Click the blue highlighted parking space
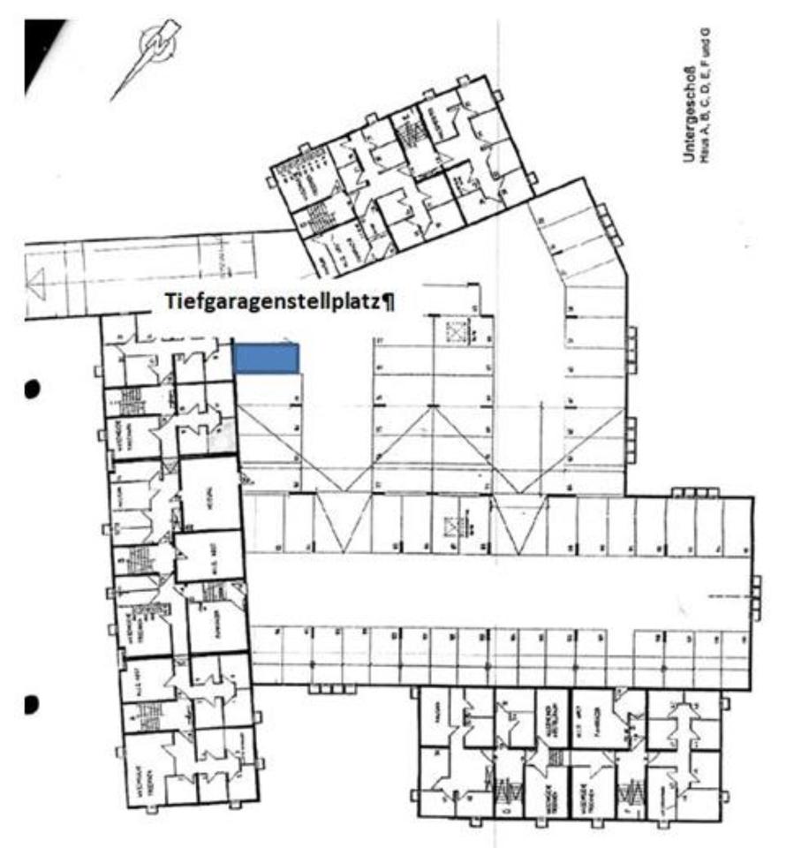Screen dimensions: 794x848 [266, 359]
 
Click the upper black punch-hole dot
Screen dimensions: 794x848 [33, 389]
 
